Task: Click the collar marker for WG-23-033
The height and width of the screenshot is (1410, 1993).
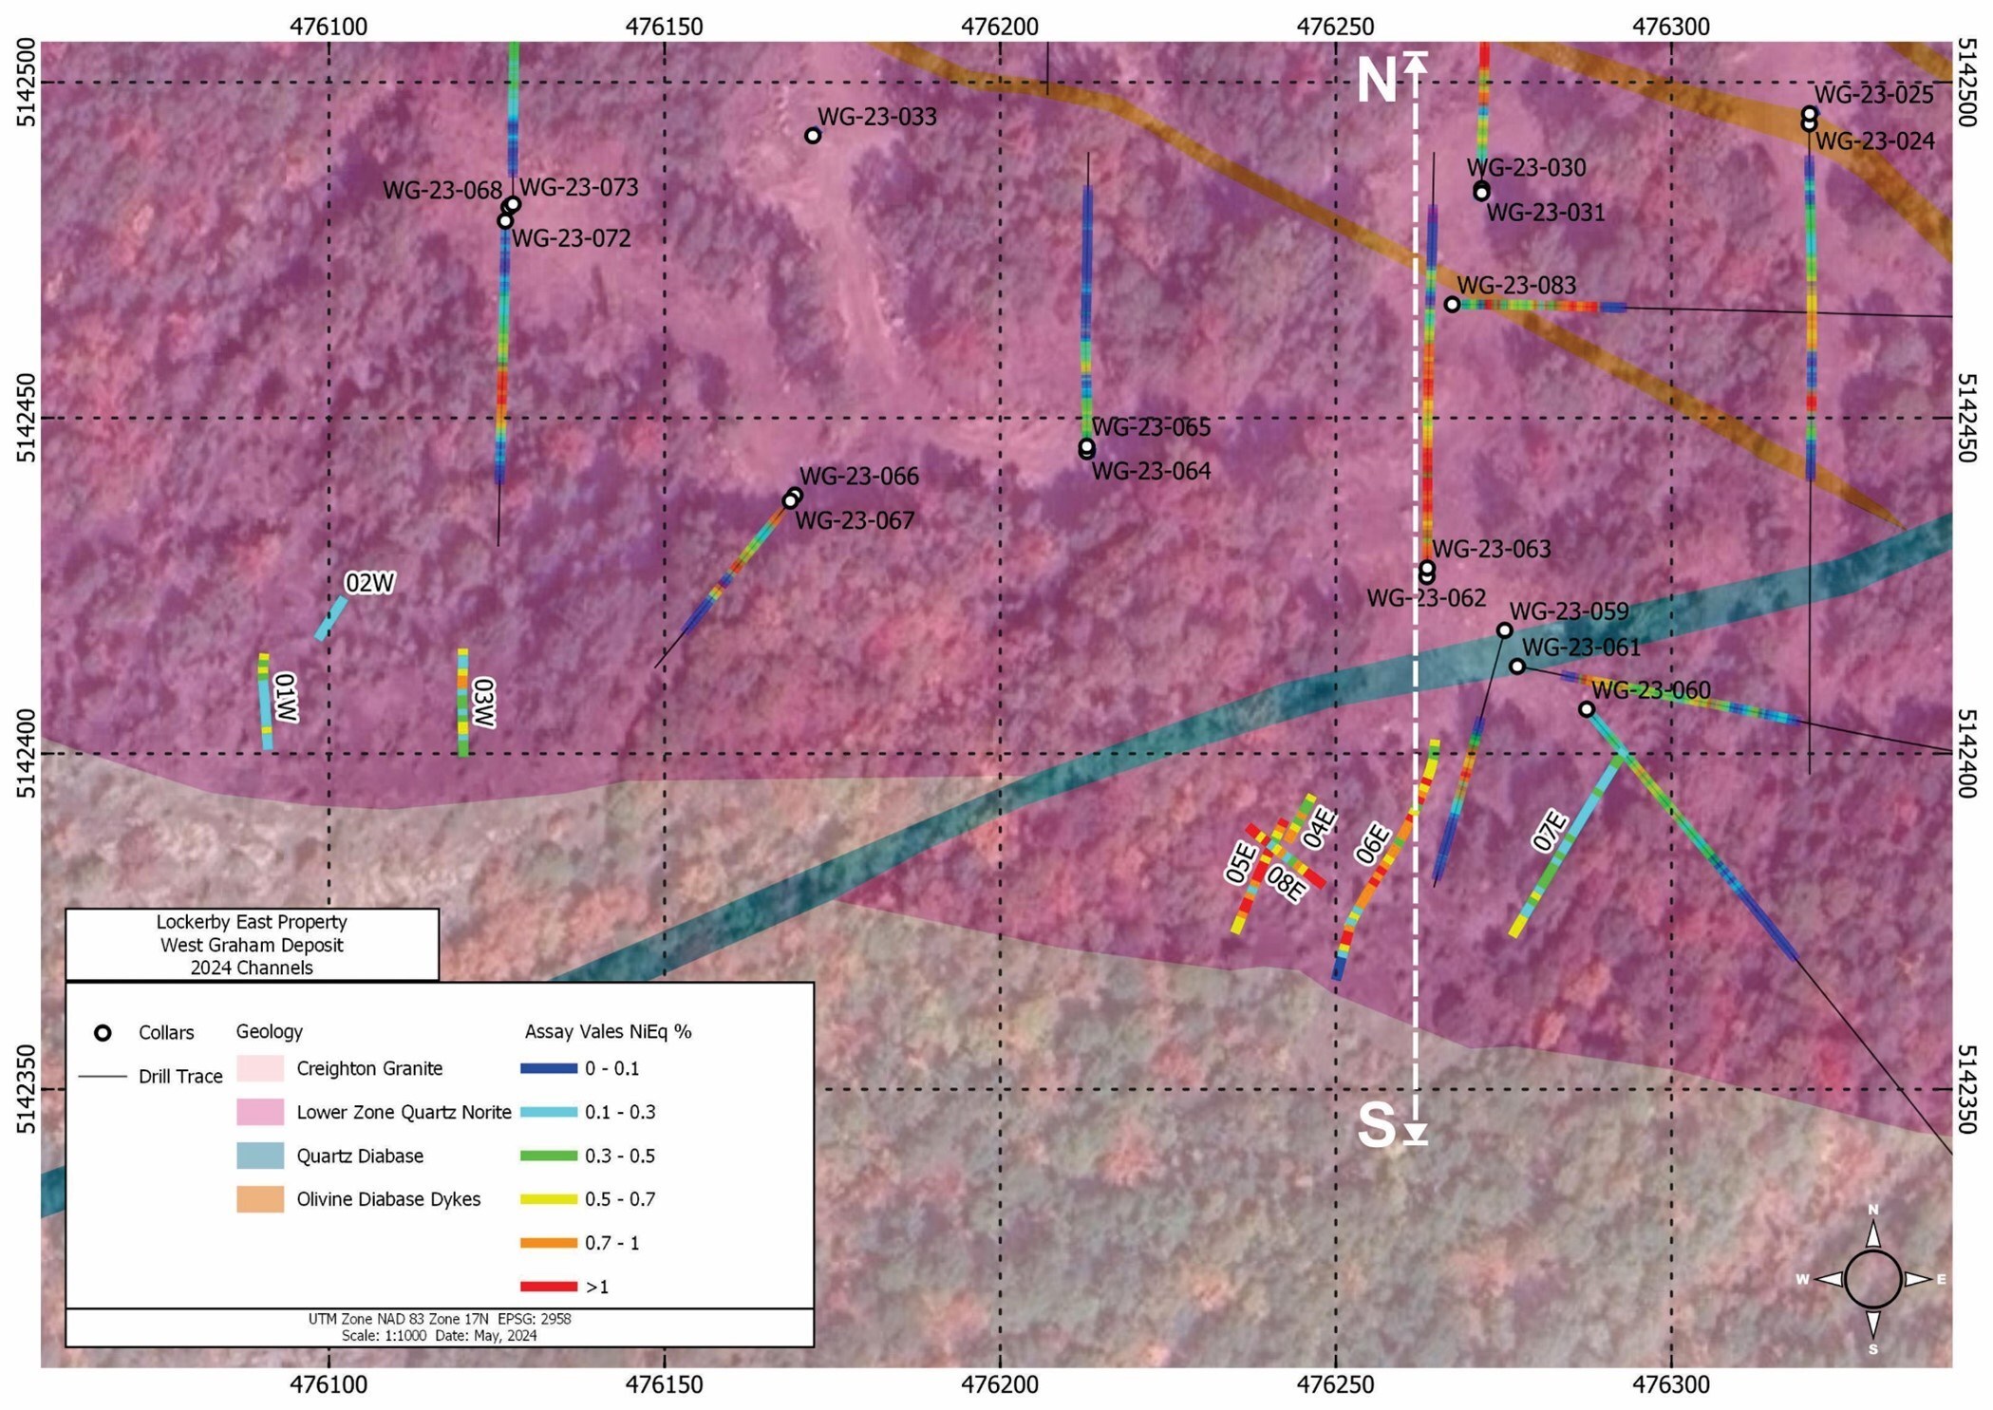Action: pos(813,136)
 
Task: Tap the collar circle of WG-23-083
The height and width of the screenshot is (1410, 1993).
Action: pos(1452,305)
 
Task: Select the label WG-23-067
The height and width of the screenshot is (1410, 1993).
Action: pos(855,520)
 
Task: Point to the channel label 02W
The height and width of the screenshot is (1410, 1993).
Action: pos(369,583)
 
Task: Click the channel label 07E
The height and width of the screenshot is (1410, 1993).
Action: pos(1550,830)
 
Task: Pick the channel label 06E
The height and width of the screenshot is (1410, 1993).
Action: pos(1373,844)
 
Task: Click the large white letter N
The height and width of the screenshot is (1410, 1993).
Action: pos(1376,82)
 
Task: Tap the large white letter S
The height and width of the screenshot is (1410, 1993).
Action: pos(1376,1126)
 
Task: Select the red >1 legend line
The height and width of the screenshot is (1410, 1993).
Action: pos(549,1287)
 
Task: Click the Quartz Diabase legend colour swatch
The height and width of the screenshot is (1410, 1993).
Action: pos(260,1156)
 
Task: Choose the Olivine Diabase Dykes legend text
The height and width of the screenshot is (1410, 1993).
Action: pos(388,1199)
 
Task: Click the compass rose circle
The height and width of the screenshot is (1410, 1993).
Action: pos(1872,1279)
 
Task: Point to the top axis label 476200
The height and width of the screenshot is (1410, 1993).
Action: pos(1000,26)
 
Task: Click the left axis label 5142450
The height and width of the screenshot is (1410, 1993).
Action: pos(26,418)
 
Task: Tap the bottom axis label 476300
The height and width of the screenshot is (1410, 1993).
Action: pos(1671,1384)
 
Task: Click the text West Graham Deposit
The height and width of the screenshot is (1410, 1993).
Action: pos(252,945)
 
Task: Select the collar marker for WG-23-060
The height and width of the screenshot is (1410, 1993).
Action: pos(1587,709)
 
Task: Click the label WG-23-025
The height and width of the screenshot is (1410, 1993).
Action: pos(1873,95)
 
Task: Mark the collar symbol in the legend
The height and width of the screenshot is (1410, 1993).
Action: pos(103,1033)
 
